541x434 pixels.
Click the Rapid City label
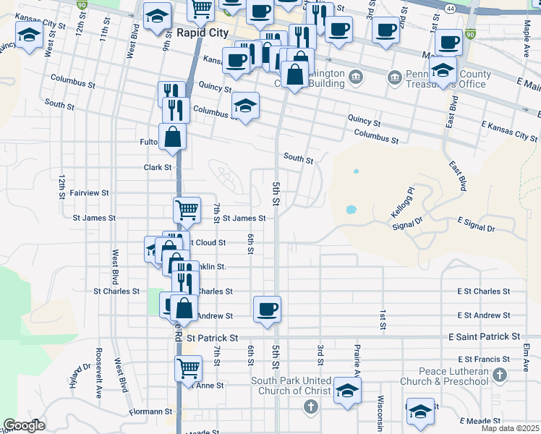(203, 33)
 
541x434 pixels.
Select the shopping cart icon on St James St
(187, 210)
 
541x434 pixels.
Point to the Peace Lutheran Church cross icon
(500, 375)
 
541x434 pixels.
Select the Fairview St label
(90, 193)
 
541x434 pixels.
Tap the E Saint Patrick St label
(484, 337)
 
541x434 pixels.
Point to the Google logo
(24, 425)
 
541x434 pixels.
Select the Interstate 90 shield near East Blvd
(471, 34)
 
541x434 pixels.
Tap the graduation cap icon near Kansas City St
(29, 35)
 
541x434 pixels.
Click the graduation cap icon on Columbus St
(246, 106)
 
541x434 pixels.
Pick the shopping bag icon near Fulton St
(173, 136)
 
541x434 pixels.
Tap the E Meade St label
(480, 421)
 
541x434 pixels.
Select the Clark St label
(157, 167)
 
